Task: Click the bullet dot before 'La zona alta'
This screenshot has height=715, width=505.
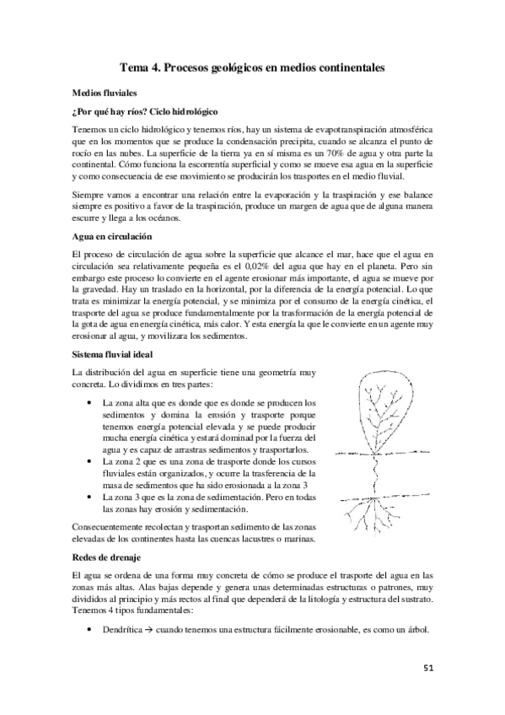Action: (90, 404)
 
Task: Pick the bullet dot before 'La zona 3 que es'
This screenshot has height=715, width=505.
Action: (90, 499)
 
